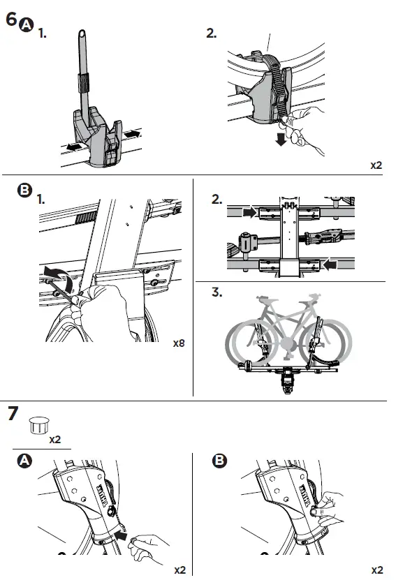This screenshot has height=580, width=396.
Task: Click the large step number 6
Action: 11,20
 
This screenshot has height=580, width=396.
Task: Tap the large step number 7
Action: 13,414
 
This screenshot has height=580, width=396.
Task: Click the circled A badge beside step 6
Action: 27,25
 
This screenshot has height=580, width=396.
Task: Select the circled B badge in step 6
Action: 24,190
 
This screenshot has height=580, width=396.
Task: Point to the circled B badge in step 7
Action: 219,461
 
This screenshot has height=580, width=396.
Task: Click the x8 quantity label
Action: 179,343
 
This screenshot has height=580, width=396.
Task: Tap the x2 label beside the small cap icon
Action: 54,440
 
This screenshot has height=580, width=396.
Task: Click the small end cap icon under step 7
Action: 39,425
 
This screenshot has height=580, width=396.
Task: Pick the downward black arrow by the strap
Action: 281,140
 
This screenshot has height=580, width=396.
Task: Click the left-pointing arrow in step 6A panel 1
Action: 74,147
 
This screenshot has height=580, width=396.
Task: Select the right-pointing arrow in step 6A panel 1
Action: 133,133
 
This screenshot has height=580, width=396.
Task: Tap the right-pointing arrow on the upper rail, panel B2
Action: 250,212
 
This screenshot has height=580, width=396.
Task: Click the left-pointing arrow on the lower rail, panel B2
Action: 330,265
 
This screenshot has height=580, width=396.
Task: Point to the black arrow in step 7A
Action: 121,535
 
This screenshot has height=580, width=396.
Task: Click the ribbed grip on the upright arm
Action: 84,83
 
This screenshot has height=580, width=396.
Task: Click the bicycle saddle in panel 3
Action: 262,297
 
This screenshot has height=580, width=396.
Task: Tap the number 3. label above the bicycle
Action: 217,292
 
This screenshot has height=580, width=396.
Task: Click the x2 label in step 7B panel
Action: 376,570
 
